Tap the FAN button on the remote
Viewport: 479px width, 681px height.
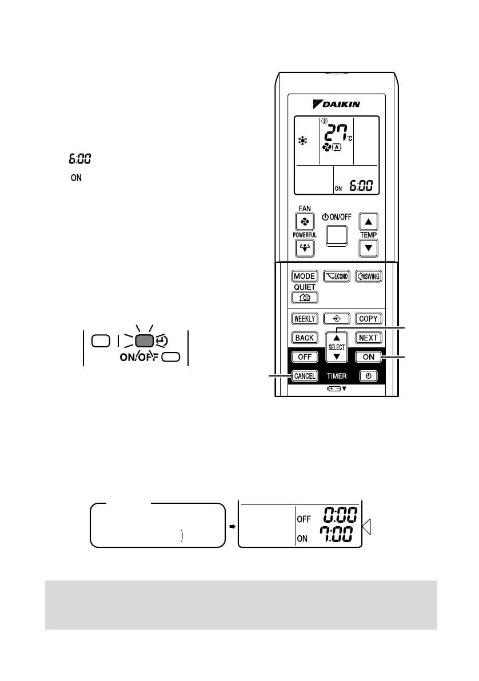(304, 221)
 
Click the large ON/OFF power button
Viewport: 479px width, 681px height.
(336, 231)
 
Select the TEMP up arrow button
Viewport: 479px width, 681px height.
(369, 221)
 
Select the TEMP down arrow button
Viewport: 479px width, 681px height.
(369, 247)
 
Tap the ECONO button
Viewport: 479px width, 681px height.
(336, 276)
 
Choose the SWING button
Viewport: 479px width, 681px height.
(368, 276)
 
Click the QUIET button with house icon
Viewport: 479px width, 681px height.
(305, 297)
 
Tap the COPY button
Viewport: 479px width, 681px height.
(368, 318)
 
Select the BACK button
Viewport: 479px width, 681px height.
(305, 337)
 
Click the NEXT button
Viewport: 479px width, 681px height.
(368, 337)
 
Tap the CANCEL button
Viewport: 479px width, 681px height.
(305, 375)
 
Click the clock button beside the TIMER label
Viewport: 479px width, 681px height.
(368, 376)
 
